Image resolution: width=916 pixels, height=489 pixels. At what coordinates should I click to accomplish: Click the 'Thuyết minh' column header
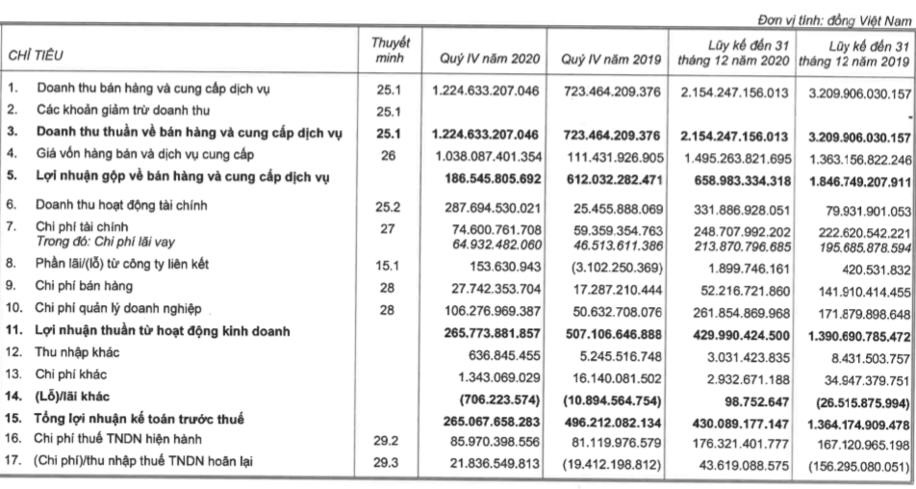pos(391,51)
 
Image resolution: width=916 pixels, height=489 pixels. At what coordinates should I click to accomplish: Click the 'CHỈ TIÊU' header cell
pos(36,59)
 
